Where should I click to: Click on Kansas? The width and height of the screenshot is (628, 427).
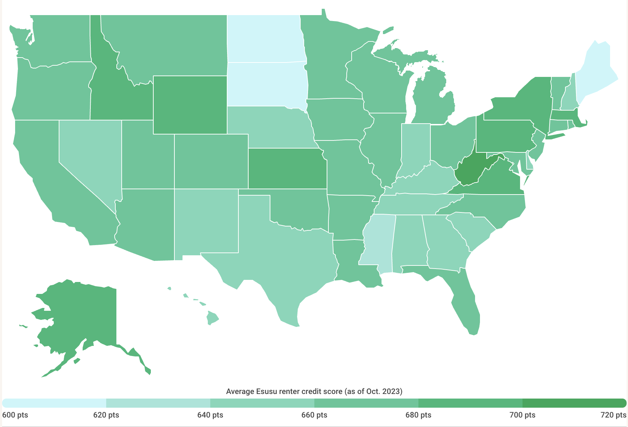[287, 169]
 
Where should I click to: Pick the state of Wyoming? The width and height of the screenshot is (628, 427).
[190, 105]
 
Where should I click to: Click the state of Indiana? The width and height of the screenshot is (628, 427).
[415, 147]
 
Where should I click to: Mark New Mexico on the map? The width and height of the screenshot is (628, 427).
[206, 221]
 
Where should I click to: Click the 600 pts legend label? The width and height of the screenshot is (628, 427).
[15, 415]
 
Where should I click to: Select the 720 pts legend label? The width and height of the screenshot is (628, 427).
[613, 415]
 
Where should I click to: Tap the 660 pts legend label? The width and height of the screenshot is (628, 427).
[314, 415]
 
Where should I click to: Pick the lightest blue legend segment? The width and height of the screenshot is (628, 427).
[55, 403]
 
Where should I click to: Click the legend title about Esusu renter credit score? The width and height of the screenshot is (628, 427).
[314, 391]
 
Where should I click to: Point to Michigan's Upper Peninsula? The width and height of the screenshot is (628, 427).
[404, 56]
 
